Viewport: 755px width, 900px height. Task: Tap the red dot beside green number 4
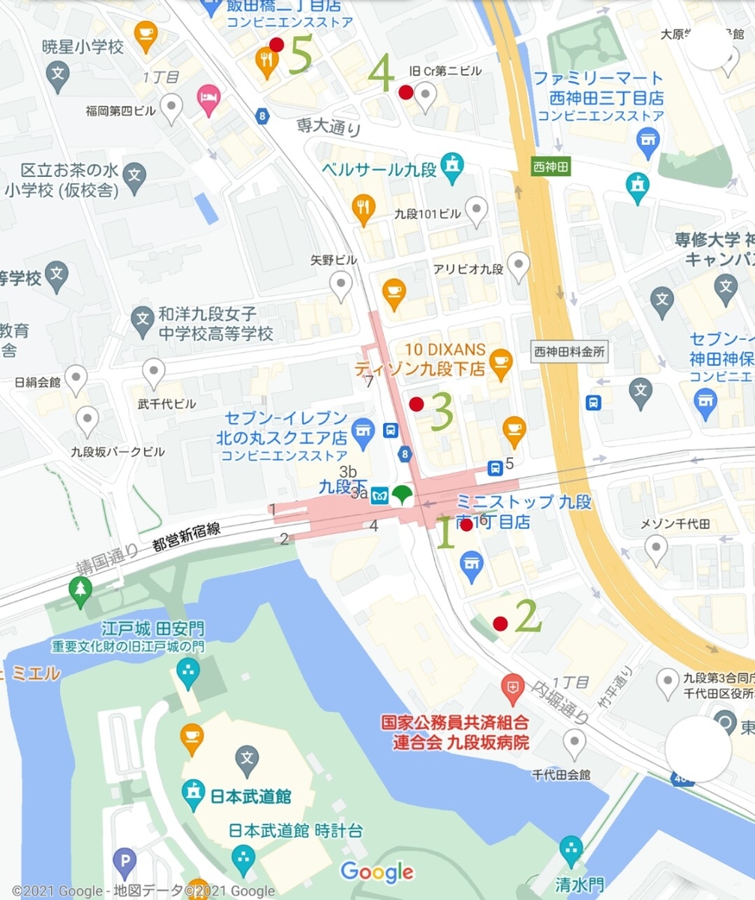406,92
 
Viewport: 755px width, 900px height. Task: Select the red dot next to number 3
417,404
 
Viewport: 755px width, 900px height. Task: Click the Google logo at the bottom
377,871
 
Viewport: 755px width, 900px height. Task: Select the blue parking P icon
124,865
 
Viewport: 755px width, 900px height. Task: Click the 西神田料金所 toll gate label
569,350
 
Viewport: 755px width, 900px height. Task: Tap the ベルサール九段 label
379,169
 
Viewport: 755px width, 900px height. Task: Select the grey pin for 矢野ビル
342,283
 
